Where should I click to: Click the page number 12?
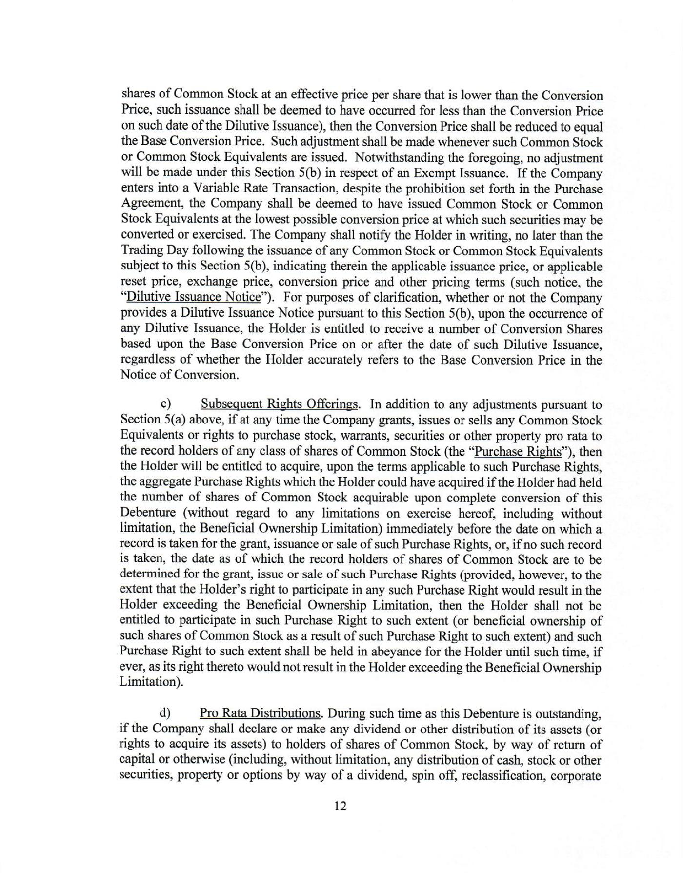(341, 806)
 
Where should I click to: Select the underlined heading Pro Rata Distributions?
(260, 713)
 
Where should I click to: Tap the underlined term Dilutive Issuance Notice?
(194, 297)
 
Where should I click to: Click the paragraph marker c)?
(166, 404)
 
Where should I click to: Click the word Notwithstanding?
(396, 158)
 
